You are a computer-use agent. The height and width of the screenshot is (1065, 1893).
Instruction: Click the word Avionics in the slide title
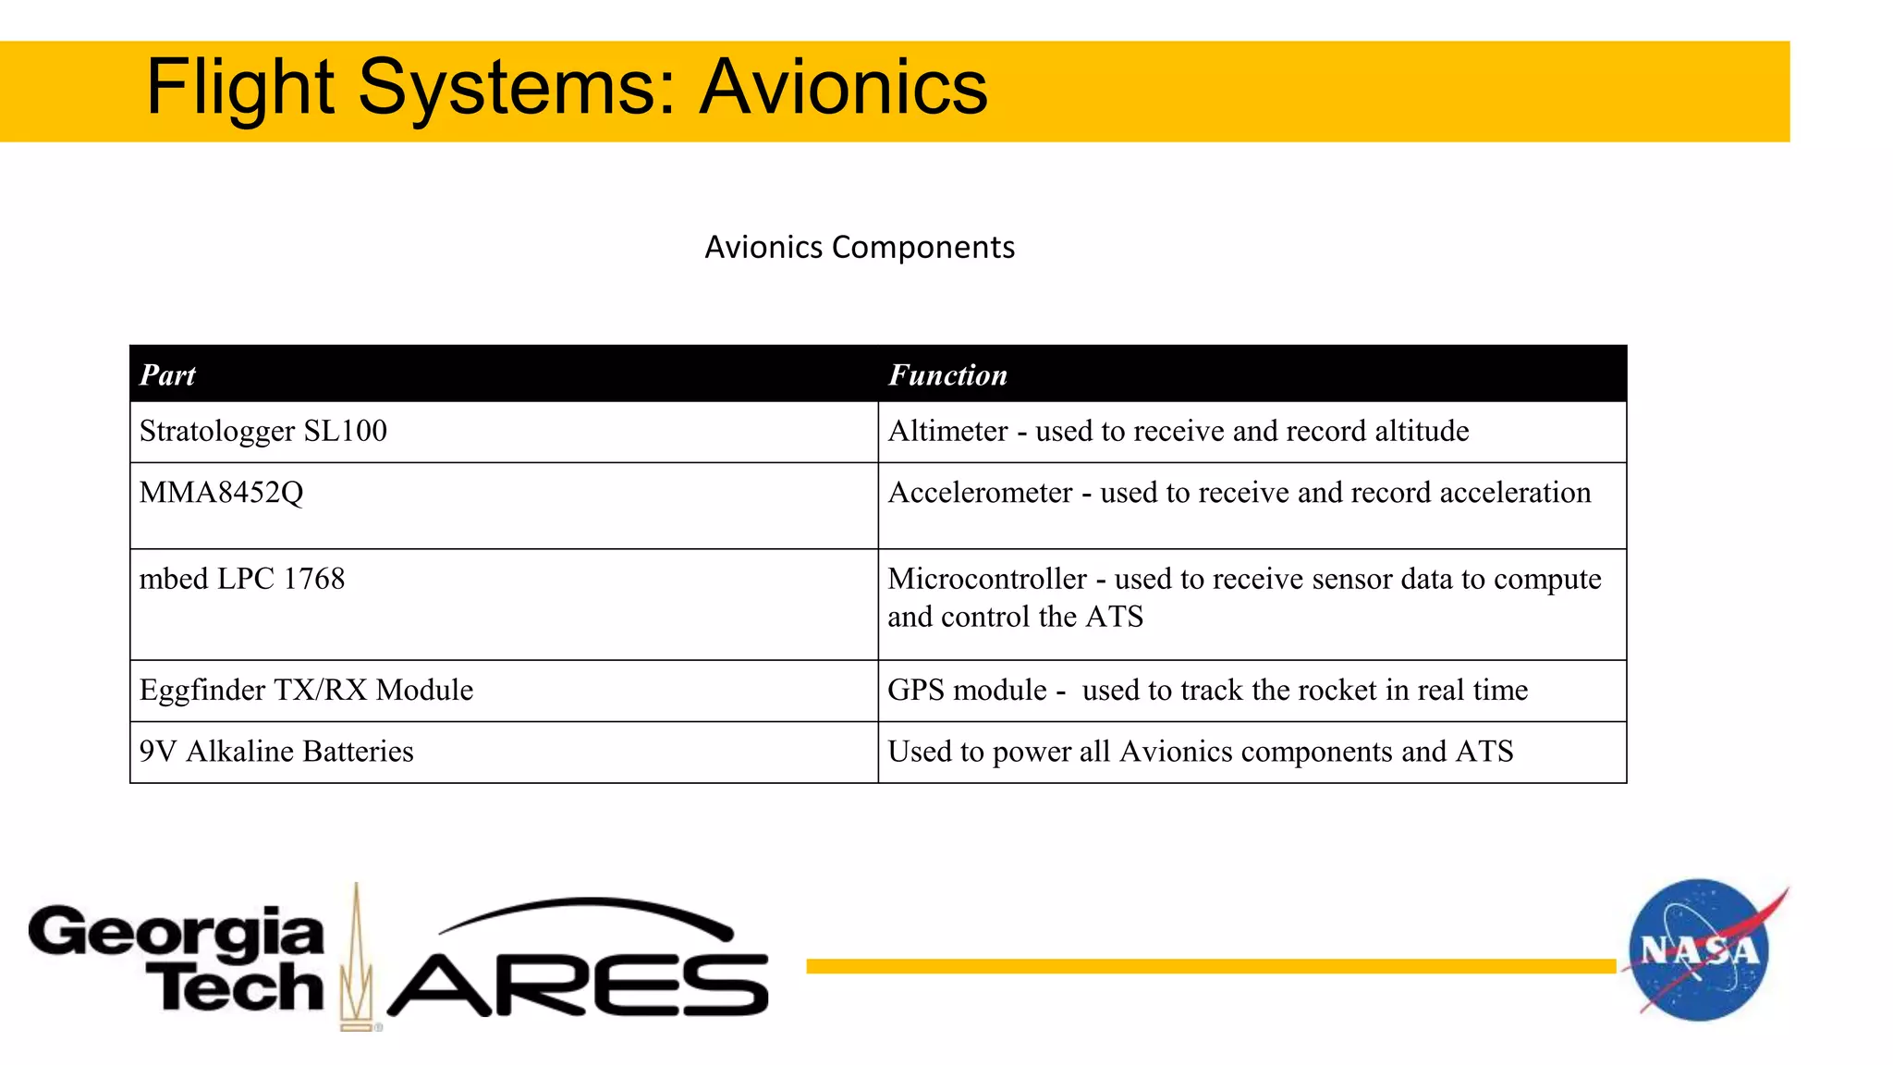click(x=843, y=87)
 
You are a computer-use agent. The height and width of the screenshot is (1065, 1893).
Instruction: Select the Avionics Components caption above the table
click(x=860, y=247)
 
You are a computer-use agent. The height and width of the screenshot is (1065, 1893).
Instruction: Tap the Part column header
click(x=167, y=374)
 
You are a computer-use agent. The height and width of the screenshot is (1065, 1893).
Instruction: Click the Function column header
click(x=947, y=374)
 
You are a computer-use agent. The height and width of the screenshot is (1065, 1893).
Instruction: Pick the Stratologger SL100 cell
click(x=263, y=431)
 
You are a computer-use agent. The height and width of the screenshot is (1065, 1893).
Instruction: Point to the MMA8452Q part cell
click(x=221, y=492)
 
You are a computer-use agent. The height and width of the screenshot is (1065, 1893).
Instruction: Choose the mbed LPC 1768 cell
click(x=242, y=579)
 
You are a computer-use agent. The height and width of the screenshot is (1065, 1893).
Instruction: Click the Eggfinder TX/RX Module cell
click(x=306, y=690)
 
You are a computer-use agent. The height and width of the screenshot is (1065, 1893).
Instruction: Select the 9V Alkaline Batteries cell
click(x=276, y=751)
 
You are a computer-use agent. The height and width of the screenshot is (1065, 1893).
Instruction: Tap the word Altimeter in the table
click(x=947, y=431)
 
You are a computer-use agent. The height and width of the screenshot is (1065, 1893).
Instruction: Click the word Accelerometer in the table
click(x=980, y=492)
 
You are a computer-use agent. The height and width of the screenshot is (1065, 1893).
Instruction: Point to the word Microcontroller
click(x=987, y=579)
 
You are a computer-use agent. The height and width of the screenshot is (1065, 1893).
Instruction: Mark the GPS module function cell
click(x=1207, y=690)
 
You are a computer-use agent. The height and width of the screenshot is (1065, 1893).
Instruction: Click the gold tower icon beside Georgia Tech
click(x=356, y=961)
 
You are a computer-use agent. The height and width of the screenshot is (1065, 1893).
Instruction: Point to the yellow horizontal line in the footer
click(x=1211, y=966)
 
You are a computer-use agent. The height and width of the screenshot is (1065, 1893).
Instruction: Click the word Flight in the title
click(x=239, y=87)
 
